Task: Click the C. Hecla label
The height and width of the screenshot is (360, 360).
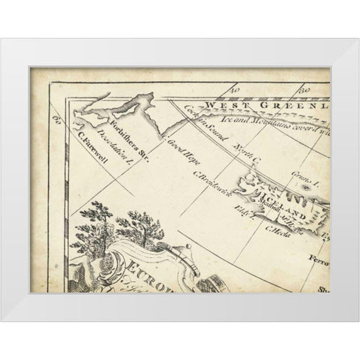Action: point(271,232)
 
